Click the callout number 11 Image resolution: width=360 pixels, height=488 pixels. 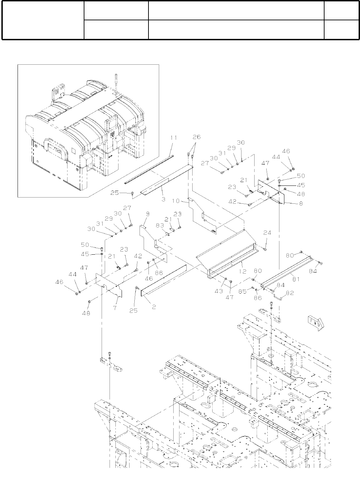[x=173, y=138]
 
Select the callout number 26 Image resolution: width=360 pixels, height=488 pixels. [x=197, y=137]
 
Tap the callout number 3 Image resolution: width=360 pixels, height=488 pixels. [x=164, y=199]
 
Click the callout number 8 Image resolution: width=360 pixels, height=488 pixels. [x=301, y=203]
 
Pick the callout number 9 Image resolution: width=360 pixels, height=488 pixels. [x=147, y=214]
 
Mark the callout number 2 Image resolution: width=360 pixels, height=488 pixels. [x=154, y=307]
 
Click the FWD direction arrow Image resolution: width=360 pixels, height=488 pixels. [x=315, y=322]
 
